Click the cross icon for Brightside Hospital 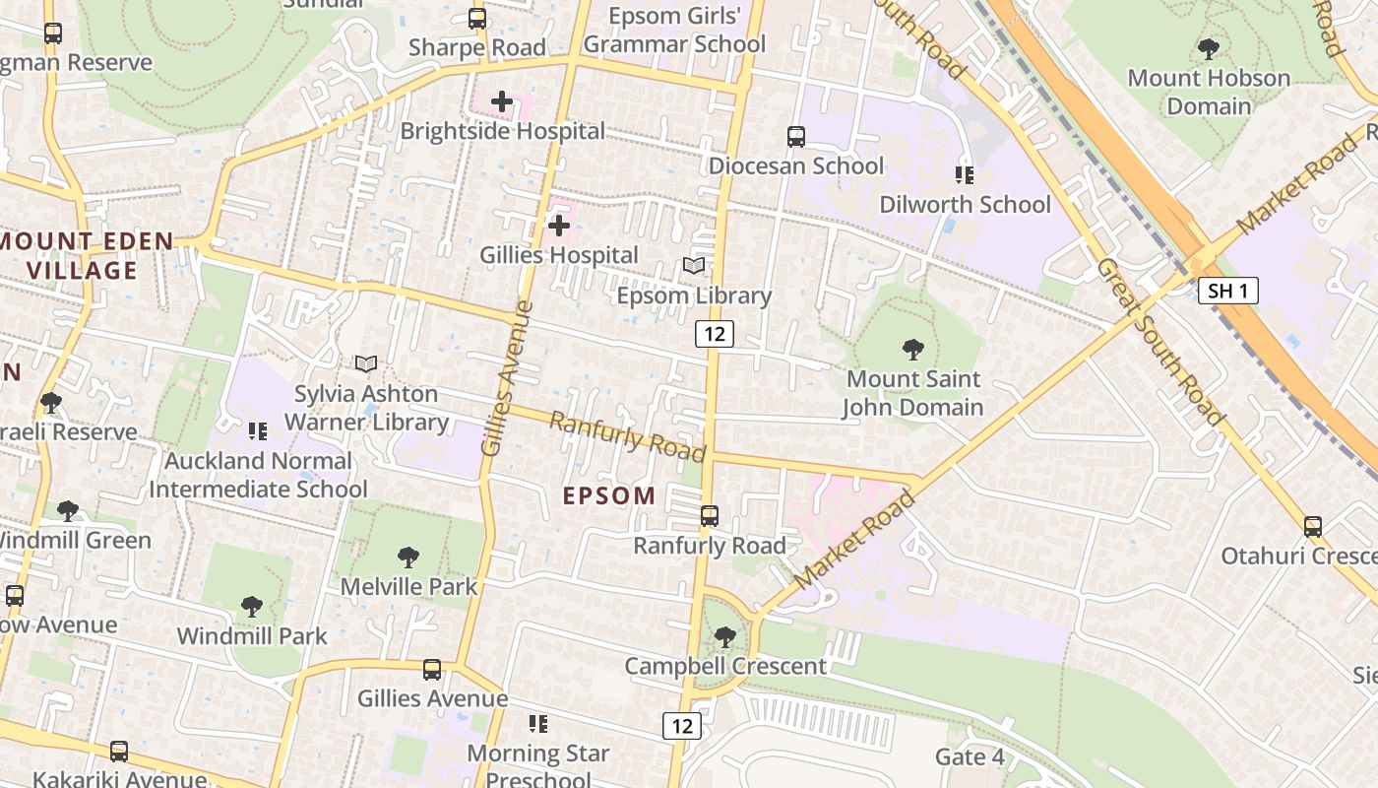click(x=502, y=101)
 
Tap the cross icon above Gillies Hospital click(x=559, y=227)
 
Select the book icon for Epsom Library click(x=694, y=266)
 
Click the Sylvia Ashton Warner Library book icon click(x=366, y=364)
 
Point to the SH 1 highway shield click(x=1228, y=291)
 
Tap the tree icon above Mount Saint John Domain click(x=913, y=349)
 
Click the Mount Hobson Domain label click(x=1209, y=92)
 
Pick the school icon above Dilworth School click(x=965, y=175)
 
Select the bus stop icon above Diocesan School click(x=796, y=137)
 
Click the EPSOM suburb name click(x=609, y=496)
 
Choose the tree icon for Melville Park click(x=408, y=558)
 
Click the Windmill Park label click(x=252, y=636)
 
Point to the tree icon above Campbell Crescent click(x=725, y=637)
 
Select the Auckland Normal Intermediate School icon click(x=258, y=430)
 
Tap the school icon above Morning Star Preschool click(x=537, y=724)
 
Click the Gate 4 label click(x=970, y=756)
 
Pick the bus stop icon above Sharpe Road click(x=477, y=18)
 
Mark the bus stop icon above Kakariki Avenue click(x=119, y=751)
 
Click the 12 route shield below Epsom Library click(x=715, y=334)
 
